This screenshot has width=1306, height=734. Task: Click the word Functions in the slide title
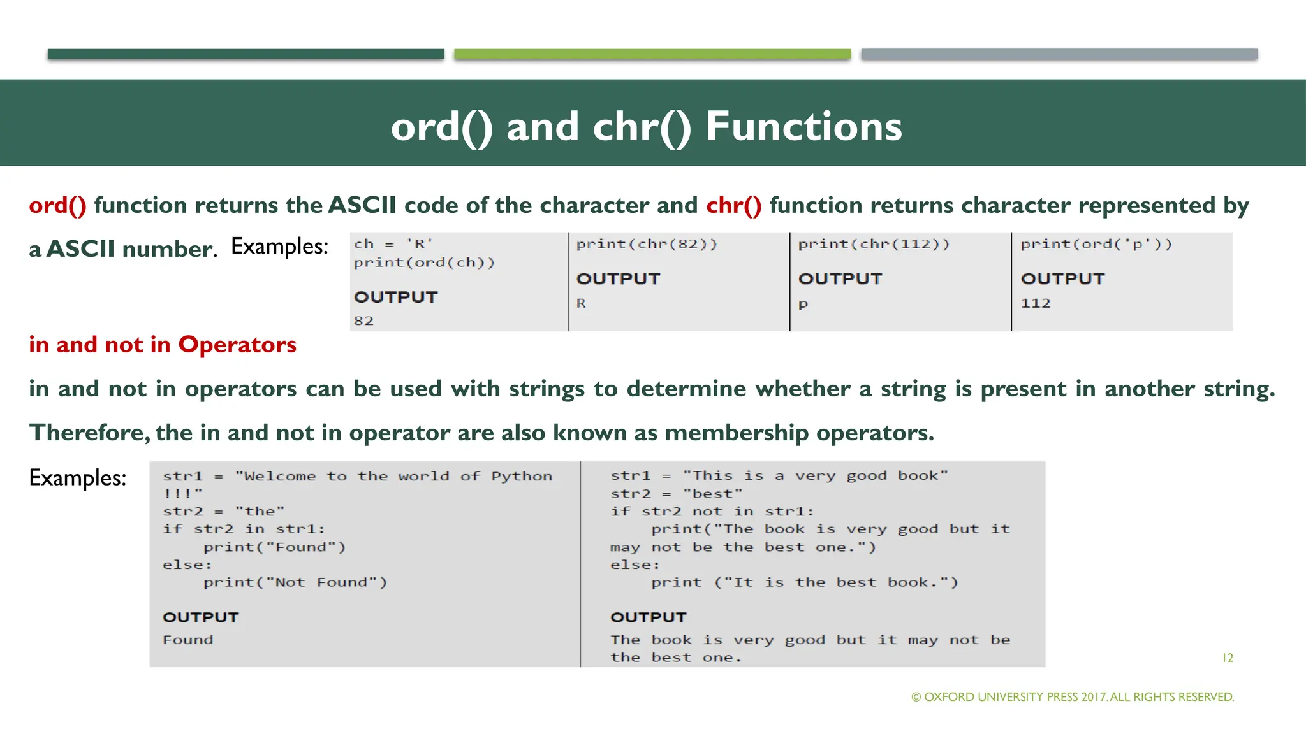coord(803,126)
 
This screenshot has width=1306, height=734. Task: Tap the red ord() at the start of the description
coord(57,205)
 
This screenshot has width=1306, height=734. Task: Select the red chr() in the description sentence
coord(733,205)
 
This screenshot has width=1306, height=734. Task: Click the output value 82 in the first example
coord(363,320)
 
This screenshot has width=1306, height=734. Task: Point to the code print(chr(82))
coord(647,244)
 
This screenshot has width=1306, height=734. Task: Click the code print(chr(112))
coord(874,244)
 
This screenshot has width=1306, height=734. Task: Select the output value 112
coord(1035,303)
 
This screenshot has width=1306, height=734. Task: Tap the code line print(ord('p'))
coord(1096,244)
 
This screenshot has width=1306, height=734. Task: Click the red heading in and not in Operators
coord(163,345)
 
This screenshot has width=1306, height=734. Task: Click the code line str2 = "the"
coord(223,511)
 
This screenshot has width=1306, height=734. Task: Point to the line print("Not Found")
coord(295,582)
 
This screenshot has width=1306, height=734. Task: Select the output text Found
coord(188,640)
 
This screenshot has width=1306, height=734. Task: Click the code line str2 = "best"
coord(676,494)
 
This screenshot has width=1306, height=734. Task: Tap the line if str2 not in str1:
coord(712,511)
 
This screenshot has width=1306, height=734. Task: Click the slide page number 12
coord(1228,658)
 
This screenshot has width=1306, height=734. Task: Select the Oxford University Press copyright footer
coord(1073,697)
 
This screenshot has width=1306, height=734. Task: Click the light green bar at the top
coord(652,54)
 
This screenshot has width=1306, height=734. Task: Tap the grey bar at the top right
coord(1059,54)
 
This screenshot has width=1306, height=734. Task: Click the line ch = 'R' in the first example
coord(393,244)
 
